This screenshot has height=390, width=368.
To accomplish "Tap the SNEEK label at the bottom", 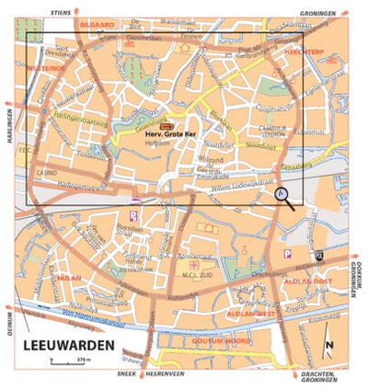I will coord(127,376).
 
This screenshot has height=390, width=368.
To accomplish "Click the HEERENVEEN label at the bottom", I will coord(164,376).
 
